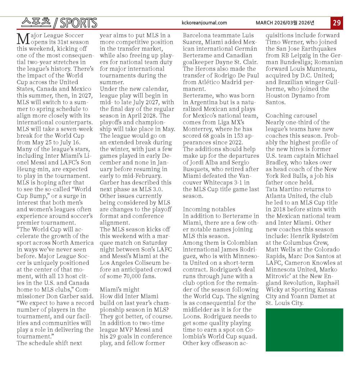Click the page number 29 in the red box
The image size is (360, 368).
click(x=337, y=23)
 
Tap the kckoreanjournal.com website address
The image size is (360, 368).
click(x=205, y=23)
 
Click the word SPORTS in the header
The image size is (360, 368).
click(x=78, y=23)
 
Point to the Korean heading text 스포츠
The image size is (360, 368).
click(x=36, y=23)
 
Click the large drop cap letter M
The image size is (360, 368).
click(x=23, y=38)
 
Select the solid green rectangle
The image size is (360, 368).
click(x=304, y=330)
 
